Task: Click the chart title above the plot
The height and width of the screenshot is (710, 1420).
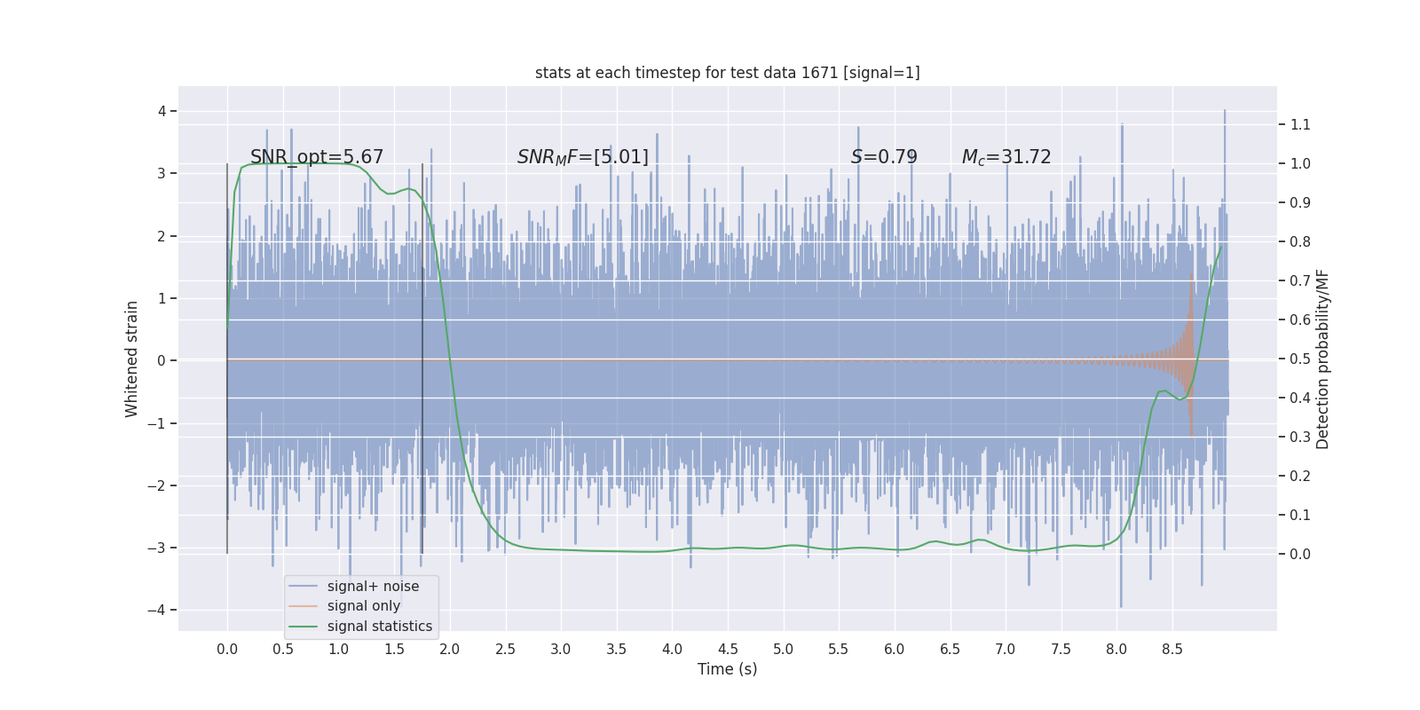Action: pyautogui.click(x=727, y=73)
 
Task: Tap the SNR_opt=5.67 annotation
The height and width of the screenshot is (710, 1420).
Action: pyautogui.click(x=317, y=157)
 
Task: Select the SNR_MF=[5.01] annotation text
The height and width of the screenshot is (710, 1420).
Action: pyautogui.click(x=583, y=157)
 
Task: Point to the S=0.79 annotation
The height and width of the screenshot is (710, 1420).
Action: pyautogui.click(x=884, y=157)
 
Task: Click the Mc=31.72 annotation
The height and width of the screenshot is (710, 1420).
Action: pyautogui.click(x=1006, y=157)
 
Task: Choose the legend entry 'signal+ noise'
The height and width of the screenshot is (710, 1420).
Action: pyautogui.click(x=373, y=587)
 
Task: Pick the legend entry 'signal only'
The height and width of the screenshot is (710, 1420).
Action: pyautogui.click(x=363, y=606)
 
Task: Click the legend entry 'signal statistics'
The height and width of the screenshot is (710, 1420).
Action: pyautogui.click(x=379, y=627)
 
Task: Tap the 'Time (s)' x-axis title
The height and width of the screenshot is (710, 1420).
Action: pyautogui.click(x=727, y=669)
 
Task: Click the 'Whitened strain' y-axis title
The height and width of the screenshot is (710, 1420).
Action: pyautogui.click(x=132, y=359)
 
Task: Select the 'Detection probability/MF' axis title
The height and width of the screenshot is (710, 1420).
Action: pyautogui.click(x=1322, y=359)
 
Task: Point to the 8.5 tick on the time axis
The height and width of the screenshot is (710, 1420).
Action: pyautogui.click(x=1172, y=649)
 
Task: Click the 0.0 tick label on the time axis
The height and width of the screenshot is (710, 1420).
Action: pyautogui.click(x=227, y=649)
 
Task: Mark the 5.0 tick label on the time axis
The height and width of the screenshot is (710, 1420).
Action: pyautogui.click(x=783, y=649)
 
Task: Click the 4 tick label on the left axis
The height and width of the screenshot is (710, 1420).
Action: pyautogui.click(x=162, y=111)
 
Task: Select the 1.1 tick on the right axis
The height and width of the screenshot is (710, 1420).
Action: pyautogui.click(x=1300, y=124)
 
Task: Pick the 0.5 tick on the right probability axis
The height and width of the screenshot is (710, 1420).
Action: pyautogui.click(x=1300, y=359)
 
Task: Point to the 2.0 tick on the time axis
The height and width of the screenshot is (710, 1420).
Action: pyautogui.click(x=450, y=649)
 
